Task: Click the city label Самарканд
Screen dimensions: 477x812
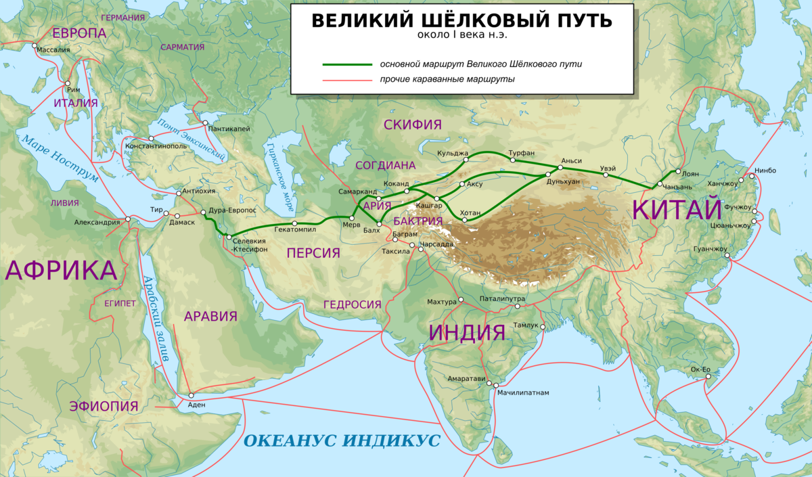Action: click(357, 191)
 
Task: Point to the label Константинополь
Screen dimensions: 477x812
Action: click(155, 146)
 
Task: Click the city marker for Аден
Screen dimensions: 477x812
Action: click(191, 395)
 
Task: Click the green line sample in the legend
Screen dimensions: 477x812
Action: click(347, 64)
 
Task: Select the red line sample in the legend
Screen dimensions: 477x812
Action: click(347, 80)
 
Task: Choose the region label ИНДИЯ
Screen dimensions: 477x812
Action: click(468, 332)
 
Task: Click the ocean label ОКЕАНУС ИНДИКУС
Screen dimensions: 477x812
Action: click(342, 441)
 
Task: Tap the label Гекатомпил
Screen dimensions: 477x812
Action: click(295, 230)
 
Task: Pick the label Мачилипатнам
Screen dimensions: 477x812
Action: click(522, 392)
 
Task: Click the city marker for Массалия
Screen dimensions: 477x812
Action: click(35, 45)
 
